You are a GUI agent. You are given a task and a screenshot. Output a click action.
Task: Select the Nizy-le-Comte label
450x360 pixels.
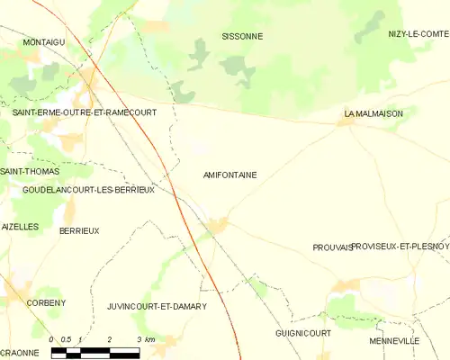(417, 33)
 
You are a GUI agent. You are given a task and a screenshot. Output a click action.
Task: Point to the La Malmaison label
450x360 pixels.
(373, 114)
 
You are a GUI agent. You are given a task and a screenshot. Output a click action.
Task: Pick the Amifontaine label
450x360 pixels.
(230, 175)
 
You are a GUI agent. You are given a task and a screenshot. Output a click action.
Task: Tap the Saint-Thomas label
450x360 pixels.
(30, 171)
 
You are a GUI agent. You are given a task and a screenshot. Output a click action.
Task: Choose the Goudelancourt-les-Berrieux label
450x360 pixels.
(89, 190)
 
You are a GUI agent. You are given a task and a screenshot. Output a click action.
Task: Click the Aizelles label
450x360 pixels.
(20, 227)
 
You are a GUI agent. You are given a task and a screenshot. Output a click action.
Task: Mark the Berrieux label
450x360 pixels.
(79, 231)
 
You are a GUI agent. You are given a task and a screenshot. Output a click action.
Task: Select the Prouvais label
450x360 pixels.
(332, 247)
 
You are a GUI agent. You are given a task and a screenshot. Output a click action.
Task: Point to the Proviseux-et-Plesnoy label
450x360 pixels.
(400, 246)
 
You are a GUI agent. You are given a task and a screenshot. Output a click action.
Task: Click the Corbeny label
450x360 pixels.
(47, 303)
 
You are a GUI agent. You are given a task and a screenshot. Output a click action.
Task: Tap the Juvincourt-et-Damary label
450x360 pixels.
(157, 306)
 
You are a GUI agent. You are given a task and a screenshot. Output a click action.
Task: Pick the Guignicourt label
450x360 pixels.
(303, 333)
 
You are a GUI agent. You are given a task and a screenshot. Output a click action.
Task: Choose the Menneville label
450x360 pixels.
(394, 342)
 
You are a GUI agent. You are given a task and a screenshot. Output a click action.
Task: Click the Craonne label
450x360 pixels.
(19, 353)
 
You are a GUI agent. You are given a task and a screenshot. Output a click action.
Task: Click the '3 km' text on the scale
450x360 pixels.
(146, 339)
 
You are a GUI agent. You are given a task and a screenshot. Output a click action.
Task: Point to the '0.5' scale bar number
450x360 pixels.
(67, 339)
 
